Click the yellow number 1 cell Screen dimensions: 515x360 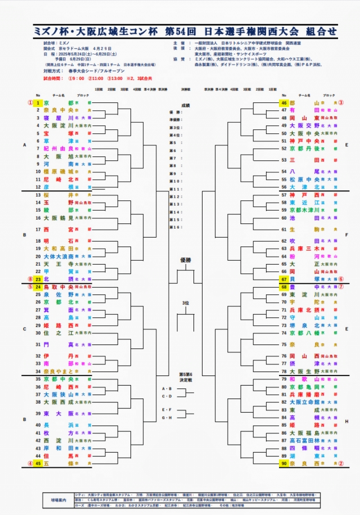[x=38, y=104]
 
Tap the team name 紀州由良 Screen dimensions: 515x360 [x=58, y=149]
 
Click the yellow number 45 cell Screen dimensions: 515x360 [x=38, y=463]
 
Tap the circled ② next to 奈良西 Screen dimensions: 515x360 [x=341, y=463]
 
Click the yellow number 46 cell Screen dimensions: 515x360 [x=284, y=104]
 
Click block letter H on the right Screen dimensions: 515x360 [x=346, y=421]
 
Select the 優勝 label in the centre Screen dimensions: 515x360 [x=186, y=259]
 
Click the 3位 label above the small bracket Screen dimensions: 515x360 [x=185, y=303]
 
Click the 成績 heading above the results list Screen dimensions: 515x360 [x=186, y=105]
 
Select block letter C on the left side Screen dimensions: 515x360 [x=24, y=329]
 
